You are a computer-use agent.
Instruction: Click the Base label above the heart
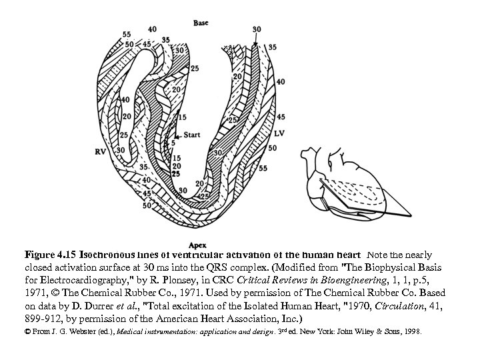point(200,23)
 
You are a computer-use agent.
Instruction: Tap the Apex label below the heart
point(197,245)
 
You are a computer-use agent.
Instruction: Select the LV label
point(279,133)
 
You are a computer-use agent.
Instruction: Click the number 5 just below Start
point(173,143)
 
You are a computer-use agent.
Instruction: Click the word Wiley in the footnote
point(357,331)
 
